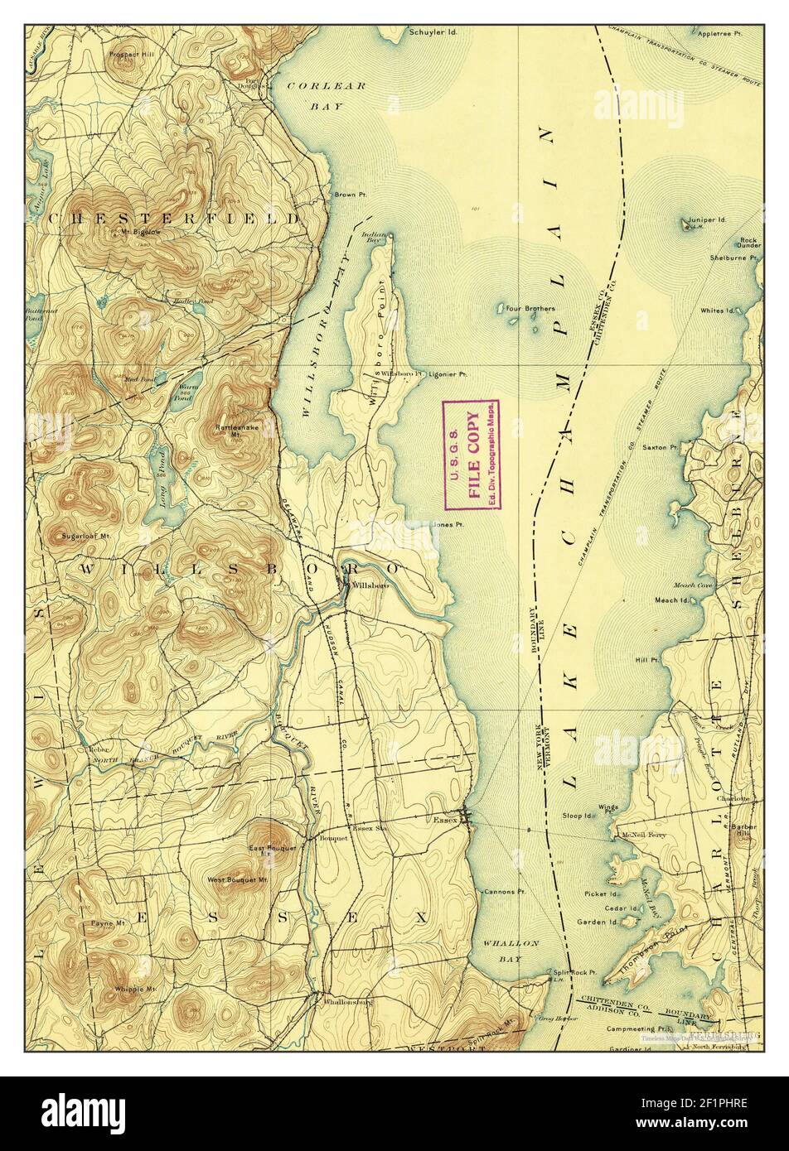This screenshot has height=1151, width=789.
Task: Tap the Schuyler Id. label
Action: (432, 33)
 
